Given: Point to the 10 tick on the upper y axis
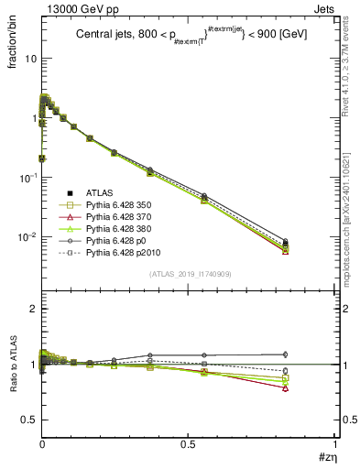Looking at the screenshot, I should pos(28,58).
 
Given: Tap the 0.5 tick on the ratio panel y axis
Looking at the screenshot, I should pos(27,420).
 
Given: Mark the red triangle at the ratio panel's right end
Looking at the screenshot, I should pos(286,388).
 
